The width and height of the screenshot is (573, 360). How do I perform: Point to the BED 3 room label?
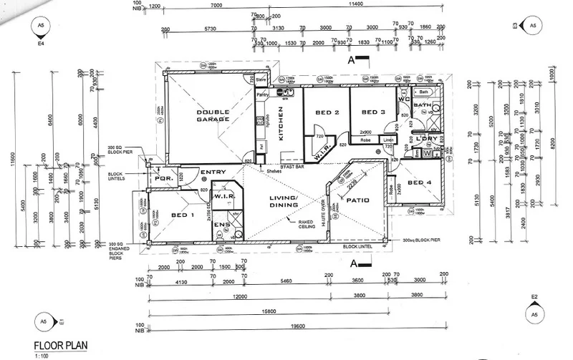point(374,112)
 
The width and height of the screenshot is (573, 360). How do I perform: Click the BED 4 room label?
point(420,183)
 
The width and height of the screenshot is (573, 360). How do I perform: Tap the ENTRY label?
point(213,172)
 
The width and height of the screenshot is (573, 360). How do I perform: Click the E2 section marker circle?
point(534,312)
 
